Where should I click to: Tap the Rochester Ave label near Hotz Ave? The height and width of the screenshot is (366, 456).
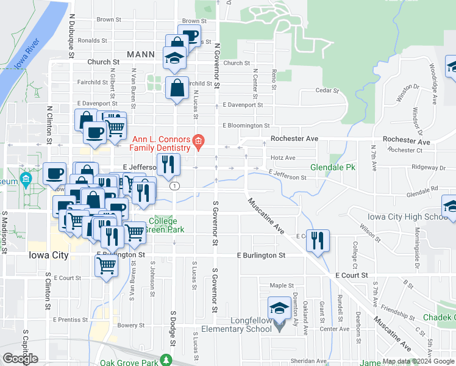pyautogui.click(x=295, y=139)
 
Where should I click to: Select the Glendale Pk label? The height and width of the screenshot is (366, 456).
pyautogui.click(x=332, y=167)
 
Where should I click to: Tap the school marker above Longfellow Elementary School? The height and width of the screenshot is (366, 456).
pyautogui.click(x=279, y=308)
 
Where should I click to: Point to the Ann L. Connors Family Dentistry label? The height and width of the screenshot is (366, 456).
pyautogui.click(x=157, y=144)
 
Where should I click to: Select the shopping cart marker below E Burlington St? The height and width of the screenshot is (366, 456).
pyautogui.click(x=107, y=267)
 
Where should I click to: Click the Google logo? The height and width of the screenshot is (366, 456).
pyautogui.click(x=21, y=358)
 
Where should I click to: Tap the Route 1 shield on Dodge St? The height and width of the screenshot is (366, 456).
pyautogui.click(x=175, y=185)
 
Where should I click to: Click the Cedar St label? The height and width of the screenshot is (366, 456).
pyautogui.click(x=327, y=90)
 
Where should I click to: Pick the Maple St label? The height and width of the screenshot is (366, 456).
pyautogui.click(x=282, y=285)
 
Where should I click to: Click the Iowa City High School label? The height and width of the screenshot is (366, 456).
pyautogui.click(x=407, y=217)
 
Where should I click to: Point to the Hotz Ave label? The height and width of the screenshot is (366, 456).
pyautogui.click(x=282, y=158)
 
